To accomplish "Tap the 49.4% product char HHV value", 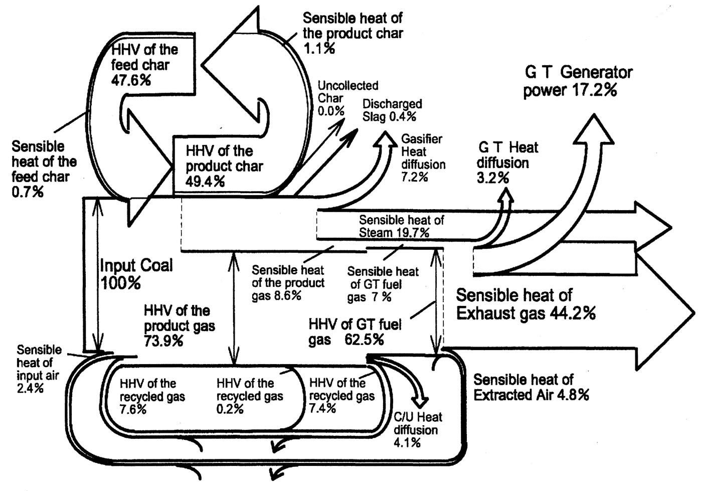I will pos(205,182).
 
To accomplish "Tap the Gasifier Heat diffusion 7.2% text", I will pos(423,158).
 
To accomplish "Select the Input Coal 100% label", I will pos(136,274).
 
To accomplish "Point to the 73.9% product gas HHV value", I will pos(163,342).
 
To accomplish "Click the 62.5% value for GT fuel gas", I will pos(364,340).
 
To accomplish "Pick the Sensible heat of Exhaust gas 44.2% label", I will pos(525,304).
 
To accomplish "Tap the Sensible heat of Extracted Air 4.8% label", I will pos(531,387).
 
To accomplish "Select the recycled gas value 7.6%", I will pos(133,409).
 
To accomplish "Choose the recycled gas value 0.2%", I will pos(230,409).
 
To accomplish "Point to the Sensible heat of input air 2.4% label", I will pos(38,369).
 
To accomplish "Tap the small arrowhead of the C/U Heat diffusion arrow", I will pos(420,402).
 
